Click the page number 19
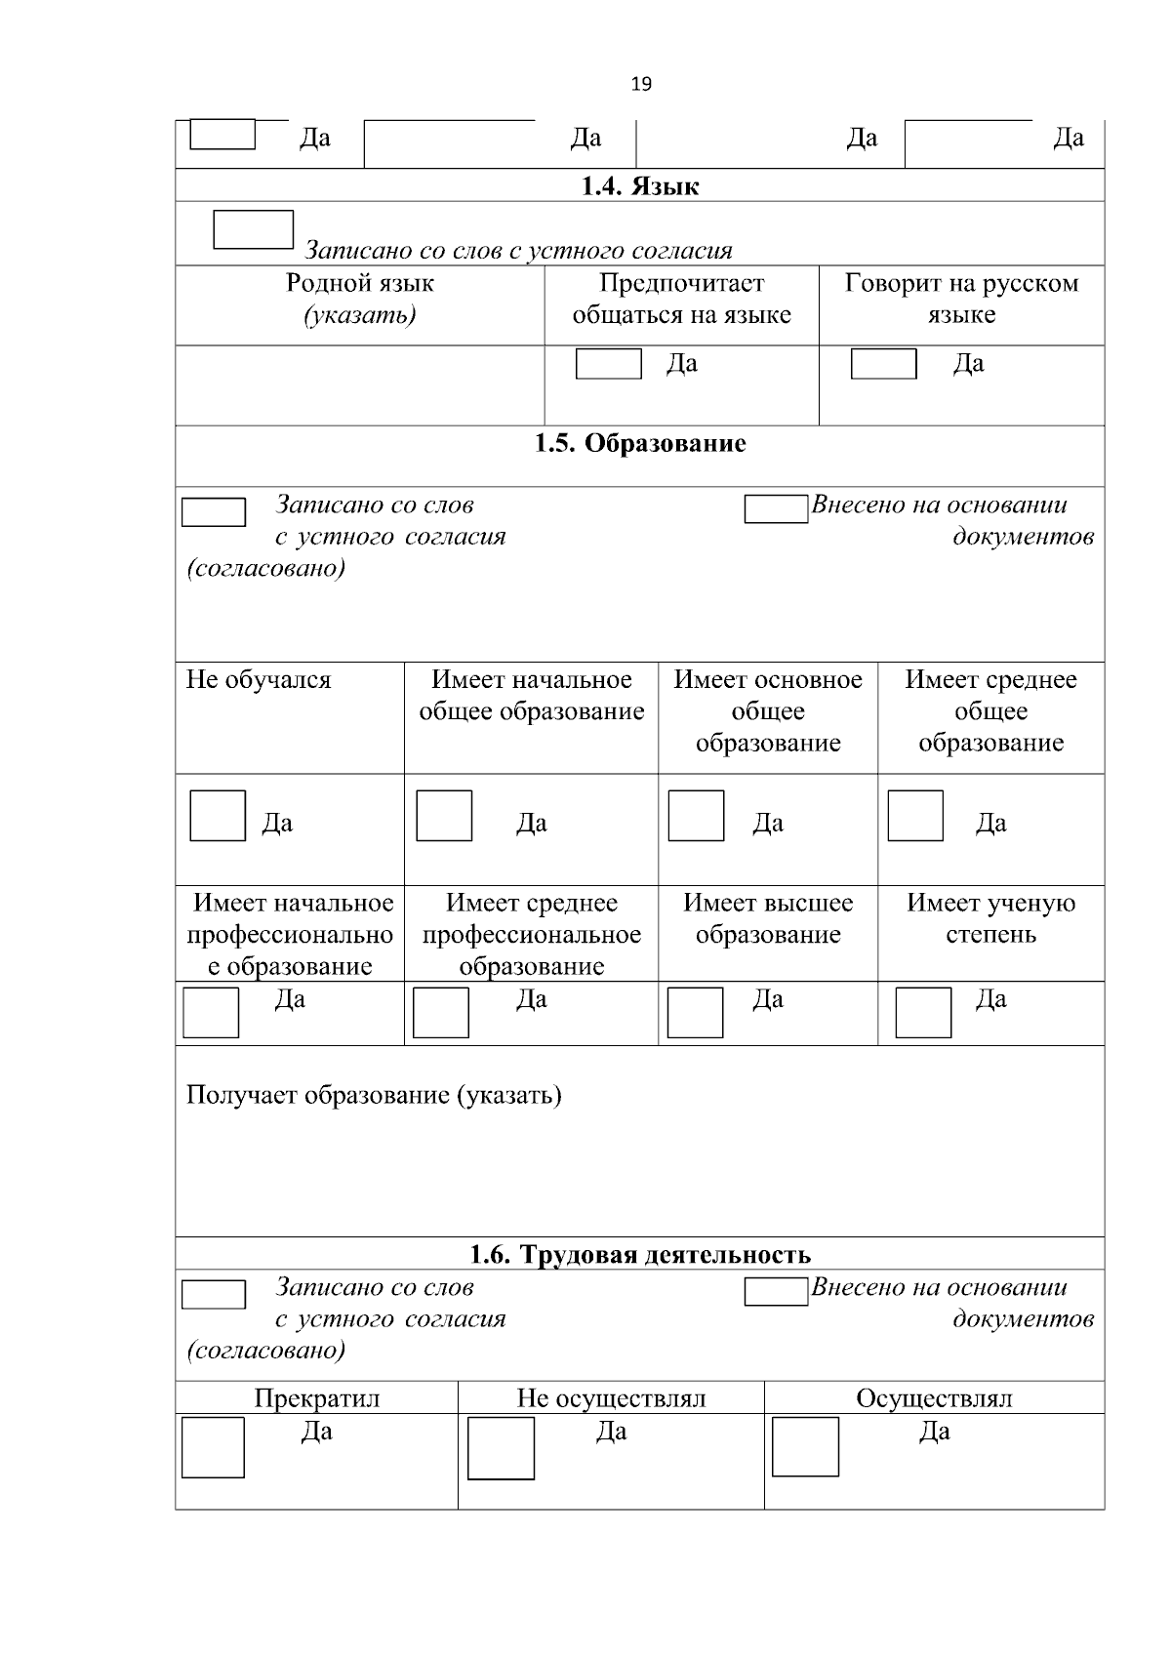(x=641, y=84)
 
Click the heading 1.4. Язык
(x=640, y=185)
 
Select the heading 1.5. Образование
(x=640, y=443)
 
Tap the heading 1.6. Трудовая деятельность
(x=640, y=1254)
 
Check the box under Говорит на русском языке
(x=883, y=364)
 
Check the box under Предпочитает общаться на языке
(x=608, y=364)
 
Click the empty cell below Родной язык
(x=359, y=385)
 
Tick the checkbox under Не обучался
(x=218, y=816)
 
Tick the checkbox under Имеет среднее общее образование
(x=915, y=816)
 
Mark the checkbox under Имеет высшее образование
(x=695, y=1012)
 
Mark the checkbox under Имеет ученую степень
(x=923, y=1012)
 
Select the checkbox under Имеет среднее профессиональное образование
(x=441, y=1012)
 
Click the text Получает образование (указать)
(x=374, y=1095)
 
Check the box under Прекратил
(x=213, y=1447)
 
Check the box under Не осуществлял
(x=501, y=1448)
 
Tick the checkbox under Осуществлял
(x=805, y=1447)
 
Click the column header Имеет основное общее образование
(x=768, y=711)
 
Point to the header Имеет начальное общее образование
(x=532, y=696)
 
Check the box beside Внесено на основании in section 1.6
(x=776, y=1291)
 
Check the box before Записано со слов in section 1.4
(x=253, y=229)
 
